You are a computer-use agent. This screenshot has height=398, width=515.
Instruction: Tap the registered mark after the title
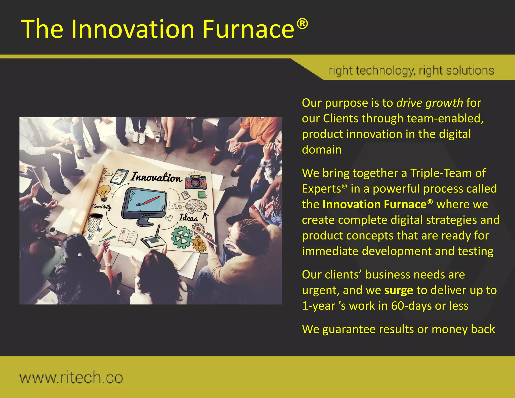coord(302,24)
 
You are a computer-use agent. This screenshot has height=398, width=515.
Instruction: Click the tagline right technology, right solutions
coord(411,71)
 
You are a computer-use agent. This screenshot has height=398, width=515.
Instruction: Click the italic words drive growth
coord(430,103)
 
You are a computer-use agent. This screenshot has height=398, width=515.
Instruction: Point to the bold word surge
coord(399,290)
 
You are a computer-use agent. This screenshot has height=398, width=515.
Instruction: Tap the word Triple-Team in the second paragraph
coord(441,173)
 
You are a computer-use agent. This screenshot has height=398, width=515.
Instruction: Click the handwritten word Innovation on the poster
coord(156,177)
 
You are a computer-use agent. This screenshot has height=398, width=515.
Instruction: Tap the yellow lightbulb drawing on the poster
coord(104,192)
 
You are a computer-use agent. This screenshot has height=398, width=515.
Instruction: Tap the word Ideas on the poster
coord(188,218)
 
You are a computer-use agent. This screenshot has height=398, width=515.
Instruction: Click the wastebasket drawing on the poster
coord(95,223)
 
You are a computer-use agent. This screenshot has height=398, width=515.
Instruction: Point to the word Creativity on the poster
coord(101,207)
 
